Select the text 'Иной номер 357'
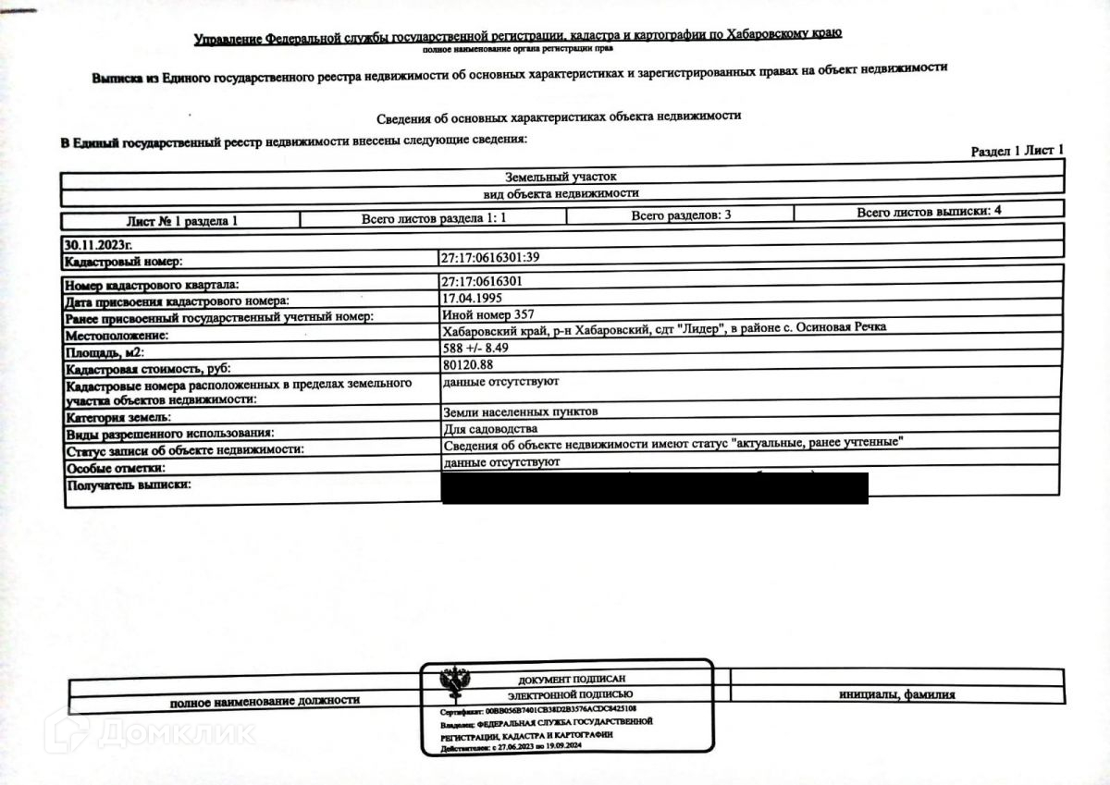click(x=488, y=315)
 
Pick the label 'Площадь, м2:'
click(x=105, y=352)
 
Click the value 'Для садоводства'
click(x=489, y=429)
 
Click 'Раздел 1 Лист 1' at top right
click(x=1017, y=151)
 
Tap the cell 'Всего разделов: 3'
click(x=682, y=215)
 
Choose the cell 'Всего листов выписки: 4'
click(x=929, y=212)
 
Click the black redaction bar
click(x=655, y=488)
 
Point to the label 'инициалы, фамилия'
click(x=897, y=694)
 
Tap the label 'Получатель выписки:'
click(x=128, y=484)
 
